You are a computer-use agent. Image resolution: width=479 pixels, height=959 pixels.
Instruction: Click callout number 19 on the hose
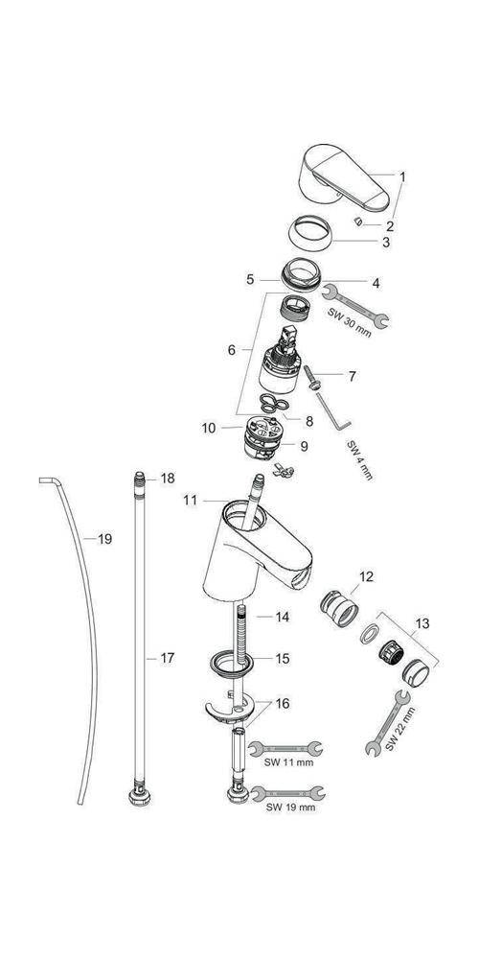[x=104, y=540]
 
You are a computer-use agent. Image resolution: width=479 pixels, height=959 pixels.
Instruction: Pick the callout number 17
[x=168, y=658]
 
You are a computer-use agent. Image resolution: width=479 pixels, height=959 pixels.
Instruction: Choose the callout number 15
[x=282, y=659]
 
